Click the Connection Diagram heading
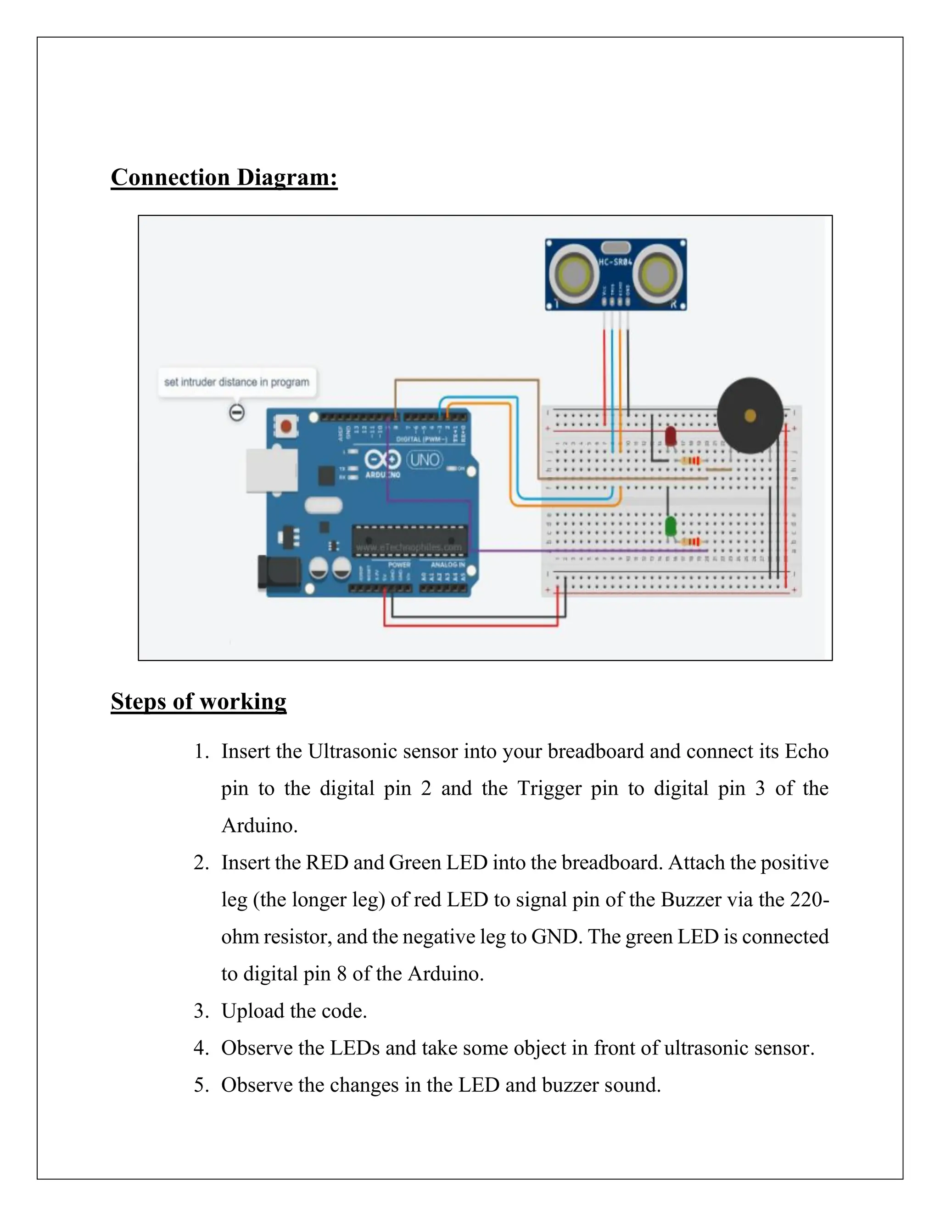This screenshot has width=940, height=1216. point(224,178)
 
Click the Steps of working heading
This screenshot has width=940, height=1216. point(198,701)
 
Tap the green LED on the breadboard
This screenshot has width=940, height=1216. point(671,525)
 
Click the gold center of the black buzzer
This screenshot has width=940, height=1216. point(750,415)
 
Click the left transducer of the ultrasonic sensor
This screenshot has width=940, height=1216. point(574,274)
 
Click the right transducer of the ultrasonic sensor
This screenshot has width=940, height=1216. point(657,274)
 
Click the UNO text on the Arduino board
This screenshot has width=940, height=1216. point(425,460)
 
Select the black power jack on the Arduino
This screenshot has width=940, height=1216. point(279,572)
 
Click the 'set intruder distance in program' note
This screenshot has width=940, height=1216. point(237,382)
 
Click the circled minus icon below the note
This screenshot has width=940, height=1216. point(237,413)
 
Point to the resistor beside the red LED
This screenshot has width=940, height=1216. point(690,460)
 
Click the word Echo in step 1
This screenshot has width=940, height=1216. point(806,751)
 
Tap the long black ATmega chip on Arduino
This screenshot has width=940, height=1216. point(409,540)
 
